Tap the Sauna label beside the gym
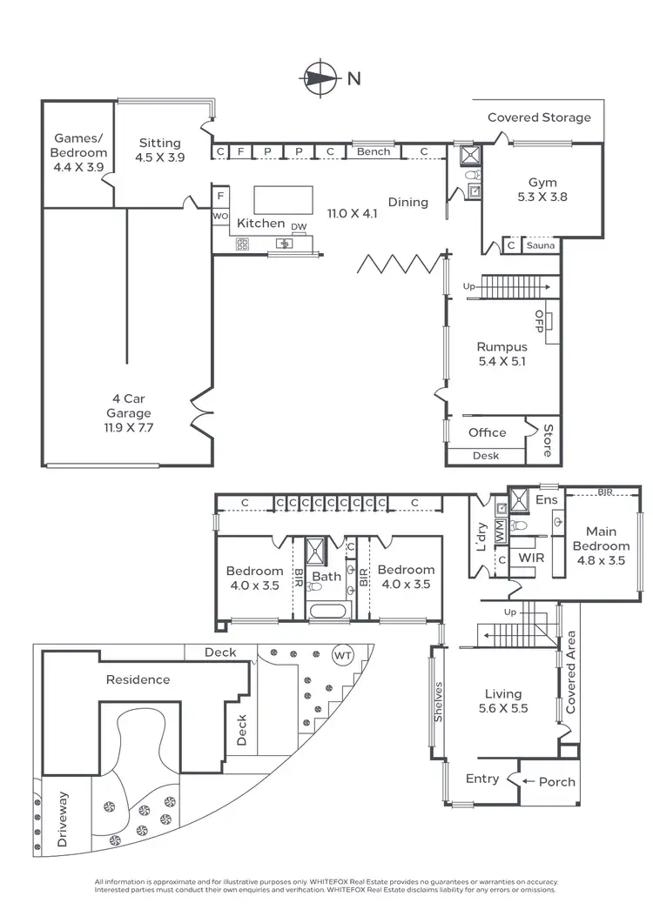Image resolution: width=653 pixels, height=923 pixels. click(x=540, y=246)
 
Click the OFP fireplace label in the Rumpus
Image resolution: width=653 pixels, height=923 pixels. click(x=540, y=321)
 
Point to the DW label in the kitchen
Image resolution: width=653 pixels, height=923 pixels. click(x=299, y=227)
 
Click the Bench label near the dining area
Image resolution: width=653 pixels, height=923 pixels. click(x=374, y=152)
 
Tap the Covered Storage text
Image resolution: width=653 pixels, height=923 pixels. click(x=538, y=117)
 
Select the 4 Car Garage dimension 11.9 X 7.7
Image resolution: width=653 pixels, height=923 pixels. click(x=128, y=428)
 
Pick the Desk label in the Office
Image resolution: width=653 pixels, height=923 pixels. click(x=485, y=455)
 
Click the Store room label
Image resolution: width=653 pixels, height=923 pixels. click(x=548, y=440)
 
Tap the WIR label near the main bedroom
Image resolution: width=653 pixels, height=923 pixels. click(x=531, y=557)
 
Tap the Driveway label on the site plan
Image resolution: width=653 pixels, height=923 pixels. click(x=61, y=819)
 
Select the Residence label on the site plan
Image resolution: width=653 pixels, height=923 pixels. click(x=138, y=679)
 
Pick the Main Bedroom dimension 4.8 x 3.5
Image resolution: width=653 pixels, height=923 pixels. click(x=601, y=561)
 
